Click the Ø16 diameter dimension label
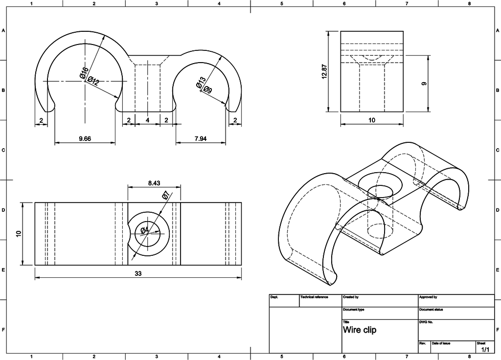click(85, 73)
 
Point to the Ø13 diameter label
click(200, 83)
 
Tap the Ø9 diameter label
click(207, 90)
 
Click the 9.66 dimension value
click(85, 139)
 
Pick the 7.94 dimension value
click(201, 139)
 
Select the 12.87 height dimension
click(324, 71)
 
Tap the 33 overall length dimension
click(138, 274)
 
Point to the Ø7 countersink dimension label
click(165, 196)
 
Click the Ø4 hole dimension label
click(145, 230)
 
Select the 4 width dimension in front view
click(147, 120)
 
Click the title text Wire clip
click(360, 330)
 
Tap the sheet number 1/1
click(485, 350)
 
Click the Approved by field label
click(428, 297)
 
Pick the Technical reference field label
click(314, 297)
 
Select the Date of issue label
click(441, 344)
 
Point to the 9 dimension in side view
click(424, 83)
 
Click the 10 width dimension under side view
click(372, 120)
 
